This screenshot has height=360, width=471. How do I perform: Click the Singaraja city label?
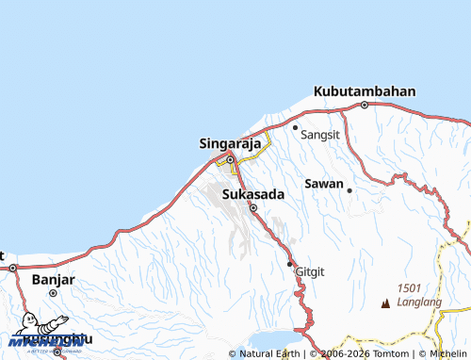pyautogui.click(x=229, y=144)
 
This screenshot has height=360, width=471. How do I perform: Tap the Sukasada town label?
pyautogui.click(x=252, y=194)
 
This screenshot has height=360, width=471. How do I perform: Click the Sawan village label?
pyautogui.click(x=323, y=183)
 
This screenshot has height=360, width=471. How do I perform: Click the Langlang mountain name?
pyautogui.click(x=419, y=302)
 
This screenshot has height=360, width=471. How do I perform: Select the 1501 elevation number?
pyautogui.click(x=409, y=288)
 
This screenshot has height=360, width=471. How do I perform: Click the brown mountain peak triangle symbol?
pyautogui.click(x=384, y=303)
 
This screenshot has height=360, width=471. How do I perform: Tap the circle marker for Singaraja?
pyautogui.click(x=229, y=159)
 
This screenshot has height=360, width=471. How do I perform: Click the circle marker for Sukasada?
pyautogui.click(x=252, y=208)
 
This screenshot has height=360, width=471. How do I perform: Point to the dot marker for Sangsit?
pyautogui.click(x=295, y=127)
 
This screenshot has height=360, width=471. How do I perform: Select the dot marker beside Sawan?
pyautogui.click(x=349, y=189)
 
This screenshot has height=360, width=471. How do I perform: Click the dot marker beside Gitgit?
pyautogui.click(x=289, y=264)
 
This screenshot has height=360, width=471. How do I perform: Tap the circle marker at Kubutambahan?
pyautogui.click(x=365, y=106)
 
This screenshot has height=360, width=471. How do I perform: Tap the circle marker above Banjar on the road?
pyautogui.click(x=13, y=268)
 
